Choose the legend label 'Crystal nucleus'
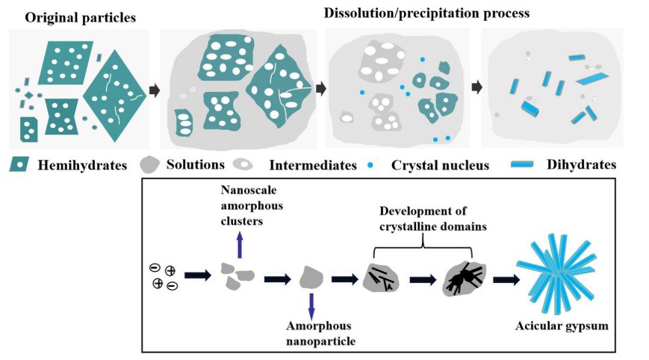pos(441,164)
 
